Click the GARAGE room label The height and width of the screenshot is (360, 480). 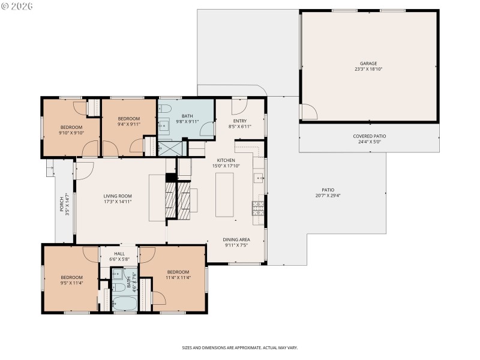click(368, 63)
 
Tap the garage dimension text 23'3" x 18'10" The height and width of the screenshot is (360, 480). click(368, 69)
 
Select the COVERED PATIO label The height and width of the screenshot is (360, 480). click(369, 136)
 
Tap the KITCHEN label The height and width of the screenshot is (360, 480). click(226, 160)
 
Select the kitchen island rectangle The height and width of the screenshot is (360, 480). click(224, 194)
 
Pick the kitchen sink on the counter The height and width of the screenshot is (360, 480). click(258, 178)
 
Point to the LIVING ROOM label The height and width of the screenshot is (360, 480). click(118, 196)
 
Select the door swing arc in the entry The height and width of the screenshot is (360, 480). click(239, 107)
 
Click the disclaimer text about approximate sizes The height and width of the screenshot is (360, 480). click(240, 347)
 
